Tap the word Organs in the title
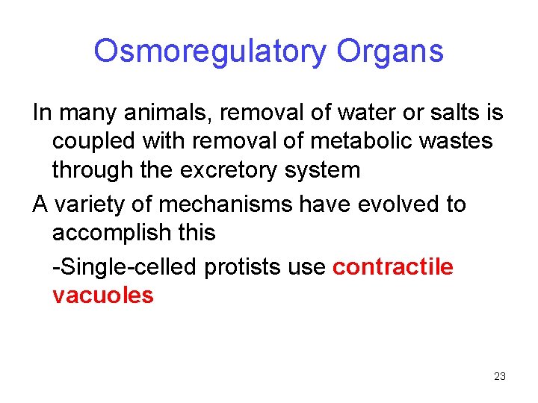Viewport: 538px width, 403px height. pyautogui.click(x=390, y=51)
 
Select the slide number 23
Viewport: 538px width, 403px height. pyautogui.click(x=500, y=376)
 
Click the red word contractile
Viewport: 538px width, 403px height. pyautogui.click(x=393, y=268)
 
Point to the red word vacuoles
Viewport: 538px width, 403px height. pyautogui.click(x=103, y=295)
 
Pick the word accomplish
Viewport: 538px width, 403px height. pyautogui.click(x=113, y=232)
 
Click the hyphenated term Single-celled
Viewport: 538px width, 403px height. pyautogui.click(x=116, y=268)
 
